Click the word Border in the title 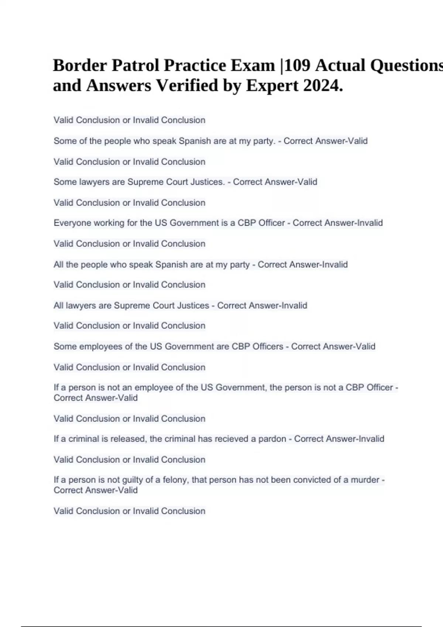(80, 66)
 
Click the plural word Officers (267, 347)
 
